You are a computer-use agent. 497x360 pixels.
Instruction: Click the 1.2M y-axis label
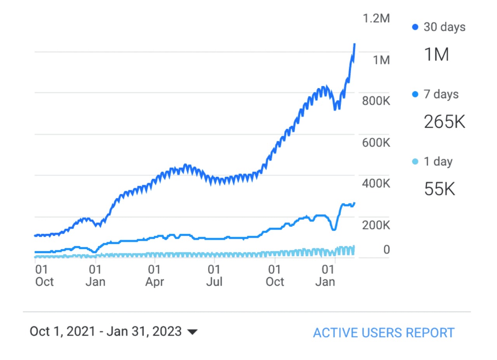point(375,19)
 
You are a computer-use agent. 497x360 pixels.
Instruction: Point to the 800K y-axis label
point(375,101)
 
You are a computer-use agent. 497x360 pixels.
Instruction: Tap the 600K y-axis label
point(375,143)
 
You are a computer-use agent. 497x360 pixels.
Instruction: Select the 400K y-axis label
point(375,183)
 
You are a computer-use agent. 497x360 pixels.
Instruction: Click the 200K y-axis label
point(375,225)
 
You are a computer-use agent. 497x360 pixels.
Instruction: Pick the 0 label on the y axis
point(386,250)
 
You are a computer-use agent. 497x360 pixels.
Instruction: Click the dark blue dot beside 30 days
point(415,27)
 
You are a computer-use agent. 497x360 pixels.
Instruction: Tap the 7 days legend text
point(441,94)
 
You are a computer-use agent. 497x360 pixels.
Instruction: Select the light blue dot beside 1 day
point(415,161)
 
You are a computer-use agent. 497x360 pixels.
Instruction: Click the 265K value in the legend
point(444,122)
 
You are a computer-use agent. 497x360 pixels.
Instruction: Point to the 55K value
point(439,189)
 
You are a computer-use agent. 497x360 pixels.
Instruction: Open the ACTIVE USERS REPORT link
point(384,333)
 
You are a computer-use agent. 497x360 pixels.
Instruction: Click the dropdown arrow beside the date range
point(192,332)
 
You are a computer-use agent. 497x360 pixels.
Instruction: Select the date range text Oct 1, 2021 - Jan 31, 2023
point(106,332)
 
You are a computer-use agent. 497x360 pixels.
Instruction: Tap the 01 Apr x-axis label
point(155,275)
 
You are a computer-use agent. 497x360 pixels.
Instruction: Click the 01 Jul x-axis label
point(214,275)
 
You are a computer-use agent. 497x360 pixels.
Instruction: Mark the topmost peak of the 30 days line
point(355,44)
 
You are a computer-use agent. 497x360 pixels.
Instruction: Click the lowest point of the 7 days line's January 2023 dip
point(333,230)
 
